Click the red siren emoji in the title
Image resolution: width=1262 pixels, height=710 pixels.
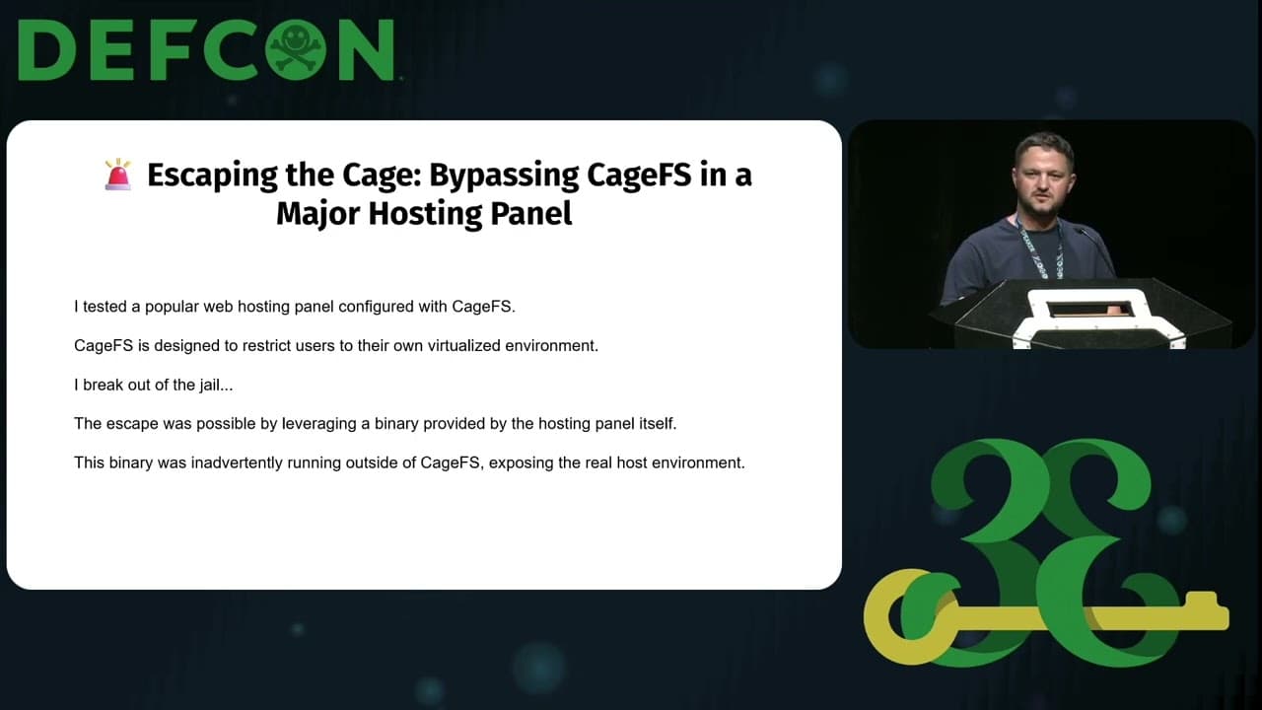coord(117,175)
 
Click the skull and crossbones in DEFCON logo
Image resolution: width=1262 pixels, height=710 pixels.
coord(297,49)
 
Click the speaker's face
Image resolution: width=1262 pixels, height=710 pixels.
coord(1042,174)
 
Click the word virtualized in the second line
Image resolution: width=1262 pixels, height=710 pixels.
coord(452,345)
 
